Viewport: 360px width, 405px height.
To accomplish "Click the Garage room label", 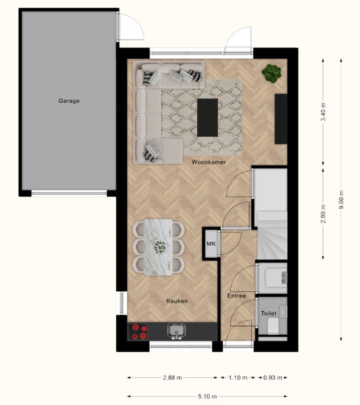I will pyautogui.click(x=69, y=100).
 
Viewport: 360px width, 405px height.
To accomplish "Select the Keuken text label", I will pyautogui.click(x=177, y=301).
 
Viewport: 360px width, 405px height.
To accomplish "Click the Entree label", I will pyautogui.click(x=236, y=296).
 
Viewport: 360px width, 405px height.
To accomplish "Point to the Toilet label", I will pyautogui.click(x=268, y=313).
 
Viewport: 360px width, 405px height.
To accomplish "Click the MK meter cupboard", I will pyautogui.click(x=211, y=243).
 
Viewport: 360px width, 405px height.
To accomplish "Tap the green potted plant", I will pyautogui.click(x=271, y=73).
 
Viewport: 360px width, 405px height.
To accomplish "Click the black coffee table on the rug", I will pyautogui.click(x=207, y=117).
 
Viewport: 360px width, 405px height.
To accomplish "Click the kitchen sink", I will pyautogui.click(x=177, y=331).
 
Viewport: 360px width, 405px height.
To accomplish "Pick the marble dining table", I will pyautogui.click(x=158, y=247).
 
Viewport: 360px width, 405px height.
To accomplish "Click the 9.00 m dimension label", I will pyautogui.click(x=341, y=199).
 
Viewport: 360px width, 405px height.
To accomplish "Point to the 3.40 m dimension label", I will pyautogui.click(x=323, y=112).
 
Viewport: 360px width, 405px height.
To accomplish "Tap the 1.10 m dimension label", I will pyautogui.click(x=238, y=378).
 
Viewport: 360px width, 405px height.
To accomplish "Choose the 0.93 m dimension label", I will pyautogui.click(x=272, y=378).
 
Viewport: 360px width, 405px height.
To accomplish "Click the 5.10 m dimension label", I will pyautogui.click(x=206, y=396).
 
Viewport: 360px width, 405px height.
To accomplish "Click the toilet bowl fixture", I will pyautogui.click(x=273, y=326).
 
